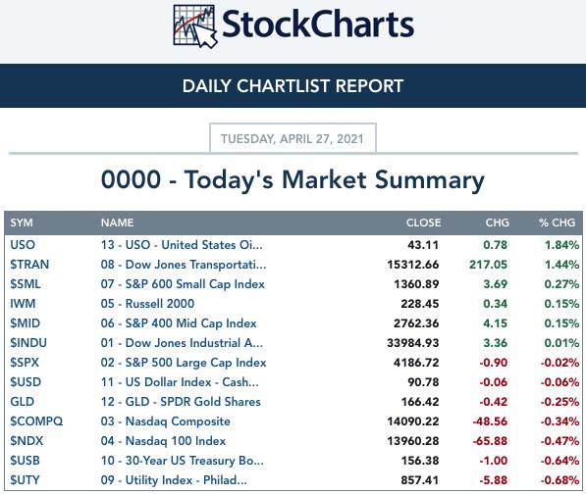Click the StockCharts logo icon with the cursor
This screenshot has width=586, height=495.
pos(195,26)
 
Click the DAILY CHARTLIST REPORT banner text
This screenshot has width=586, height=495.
pos(293,86)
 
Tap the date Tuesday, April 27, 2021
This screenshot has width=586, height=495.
pos(293,139)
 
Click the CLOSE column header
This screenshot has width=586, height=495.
pos(423,223)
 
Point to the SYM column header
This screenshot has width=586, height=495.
pos(22,223)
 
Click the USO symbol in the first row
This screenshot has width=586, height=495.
pos(23,245)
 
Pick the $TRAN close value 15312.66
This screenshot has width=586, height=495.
pos(413,265)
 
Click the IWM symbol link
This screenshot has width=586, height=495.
pos(23,304)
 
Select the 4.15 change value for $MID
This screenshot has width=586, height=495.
pos(495,323)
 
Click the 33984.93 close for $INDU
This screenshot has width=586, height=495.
pos(413,343)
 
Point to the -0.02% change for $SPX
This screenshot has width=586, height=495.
pos(559,363)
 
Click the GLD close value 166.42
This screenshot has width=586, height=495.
pos(420,402)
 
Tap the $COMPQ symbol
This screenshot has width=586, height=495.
pos(36,421)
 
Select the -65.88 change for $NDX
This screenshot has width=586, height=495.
pos(490,441)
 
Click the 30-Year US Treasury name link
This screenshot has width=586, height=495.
pos(182,461)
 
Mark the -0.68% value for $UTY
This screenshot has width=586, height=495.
pos(559,480)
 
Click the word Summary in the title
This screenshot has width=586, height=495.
pos(430,180)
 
